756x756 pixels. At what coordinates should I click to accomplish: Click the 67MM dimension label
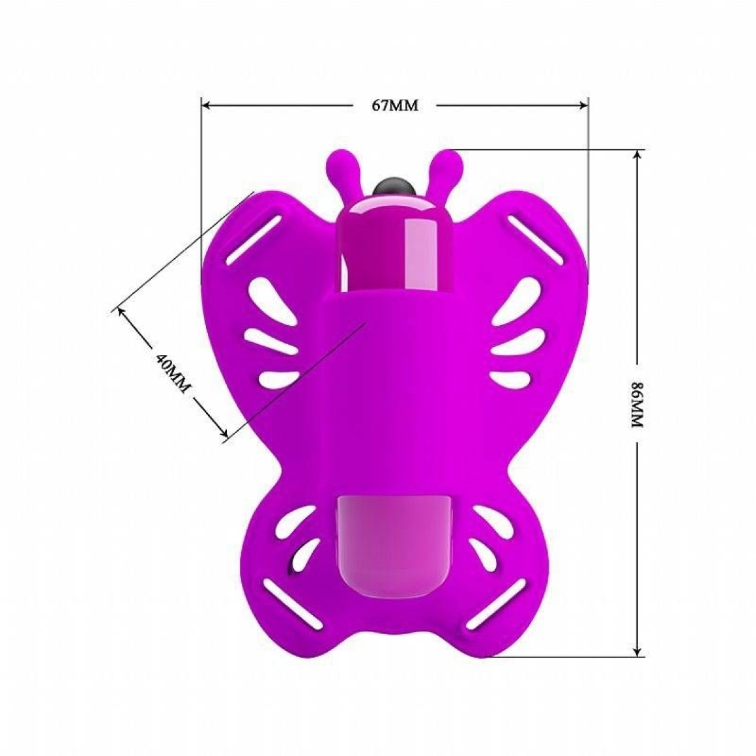coord(394,106)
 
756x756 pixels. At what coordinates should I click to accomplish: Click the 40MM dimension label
coord(173,373)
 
